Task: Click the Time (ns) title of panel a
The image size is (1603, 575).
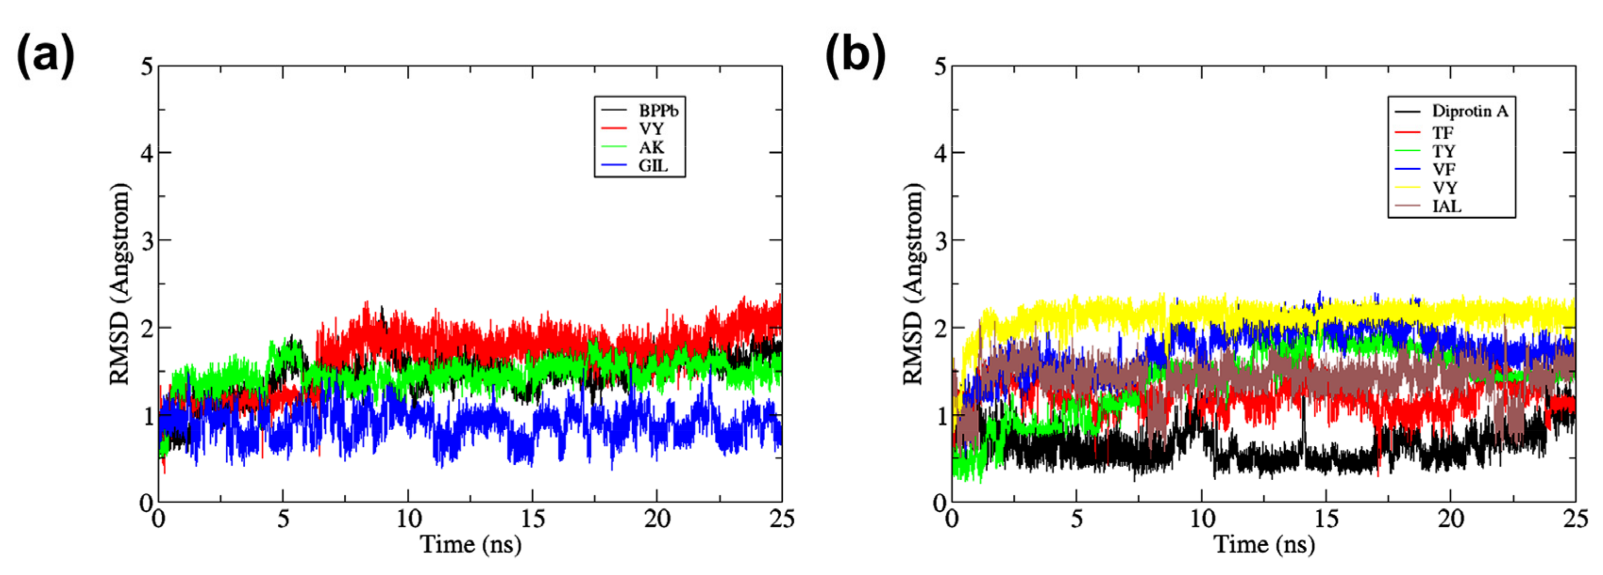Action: pyautogui.click(x=471, y=544)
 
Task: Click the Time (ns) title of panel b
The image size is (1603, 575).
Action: pyautogui.click(x=1264, y=544)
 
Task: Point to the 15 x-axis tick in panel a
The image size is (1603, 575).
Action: pyautogui.click(x=533, y=518)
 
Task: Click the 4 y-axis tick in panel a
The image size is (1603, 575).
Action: pyautogui.click(x=147, y=153)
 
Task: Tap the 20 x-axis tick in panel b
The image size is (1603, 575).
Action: pyautogui.click(x=1451, y=518)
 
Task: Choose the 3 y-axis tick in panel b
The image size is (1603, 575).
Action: pyautogui.click(x=940, y=241)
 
